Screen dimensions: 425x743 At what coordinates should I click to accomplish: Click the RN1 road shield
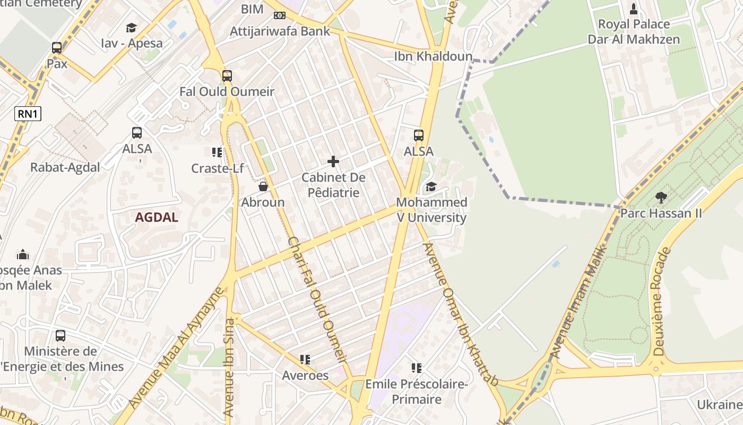pos(28,113)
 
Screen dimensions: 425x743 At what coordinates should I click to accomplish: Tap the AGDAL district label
pos(157,217)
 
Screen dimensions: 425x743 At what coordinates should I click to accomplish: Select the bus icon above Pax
pos(57,48)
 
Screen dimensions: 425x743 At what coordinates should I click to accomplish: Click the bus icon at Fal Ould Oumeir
pos(227,76)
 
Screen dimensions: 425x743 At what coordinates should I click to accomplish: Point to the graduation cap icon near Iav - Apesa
pos(131,28)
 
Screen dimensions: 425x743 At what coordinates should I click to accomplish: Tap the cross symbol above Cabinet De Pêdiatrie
pos(333,161)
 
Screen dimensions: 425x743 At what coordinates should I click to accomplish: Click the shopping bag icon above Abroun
pos(263,186)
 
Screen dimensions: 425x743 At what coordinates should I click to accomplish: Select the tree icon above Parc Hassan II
pos(661,198)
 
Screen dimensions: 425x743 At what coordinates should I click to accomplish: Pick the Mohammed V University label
pos(431,210)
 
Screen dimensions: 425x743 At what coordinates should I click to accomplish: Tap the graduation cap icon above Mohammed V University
pos(431,187)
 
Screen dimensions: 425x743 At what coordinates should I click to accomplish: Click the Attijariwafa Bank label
pos(280,31)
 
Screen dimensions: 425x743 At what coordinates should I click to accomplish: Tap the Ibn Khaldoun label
pos(433,56)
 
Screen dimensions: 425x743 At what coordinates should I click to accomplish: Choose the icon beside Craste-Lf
pos(217,153)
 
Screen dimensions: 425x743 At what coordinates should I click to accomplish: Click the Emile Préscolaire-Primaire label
pos(417,392)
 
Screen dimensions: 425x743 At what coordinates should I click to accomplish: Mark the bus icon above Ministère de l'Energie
pos(61,336)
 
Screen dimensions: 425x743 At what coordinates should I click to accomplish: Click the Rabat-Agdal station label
pos(65,167)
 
